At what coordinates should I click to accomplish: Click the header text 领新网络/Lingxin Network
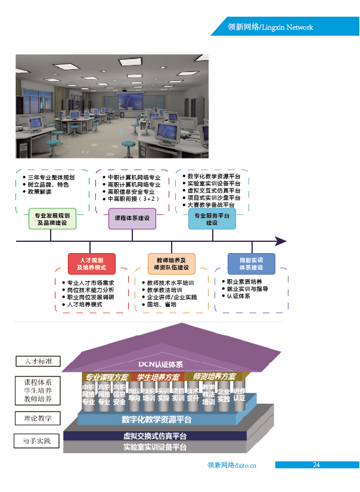point(271,27)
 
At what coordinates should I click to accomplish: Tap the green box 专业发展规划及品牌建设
point(52,219)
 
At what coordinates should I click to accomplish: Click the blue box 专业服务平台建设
point(212,219)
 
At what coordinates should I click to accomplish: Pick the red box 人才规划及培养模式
point(91,264)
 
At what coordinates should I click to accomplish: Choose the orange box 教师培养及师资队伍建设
point(171,264)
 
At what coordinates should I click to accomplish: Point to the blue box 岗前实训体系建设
point(251,264)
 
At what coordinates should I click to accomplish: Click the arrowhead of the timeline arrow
point(281,241)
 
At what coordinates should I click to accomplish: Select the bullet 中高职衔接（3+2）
point(134,199)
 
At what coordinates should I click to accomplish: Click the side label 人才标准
point(38,361)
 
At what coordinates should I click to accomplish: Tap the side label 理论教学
point(38,418)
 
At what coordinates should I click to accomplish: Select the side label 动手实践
point(37,441)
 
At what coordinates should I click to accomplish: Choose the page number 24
point(316,465)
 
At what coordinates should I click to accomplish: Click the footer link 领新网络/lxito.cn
point(232,466)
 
